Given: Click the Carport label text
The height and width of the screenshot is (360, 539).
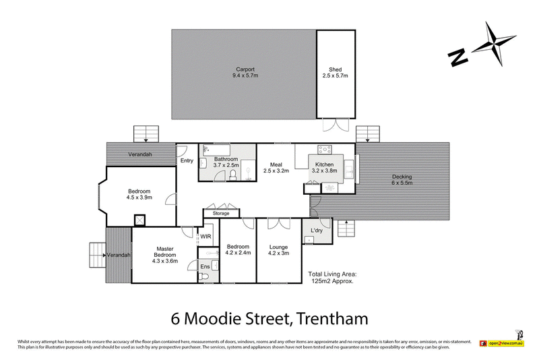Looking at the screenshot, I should [x=243, y=69].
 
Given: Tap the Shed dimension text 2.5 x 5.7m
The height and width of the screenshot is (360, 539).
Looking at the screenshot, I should [x=335, y=76].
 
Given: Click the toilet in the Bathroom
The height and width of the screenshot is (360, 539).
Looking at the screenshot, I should [x=232, y=175].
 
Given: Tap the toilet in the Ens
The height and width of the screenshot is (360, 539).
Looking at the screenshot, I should [x=206, y=277].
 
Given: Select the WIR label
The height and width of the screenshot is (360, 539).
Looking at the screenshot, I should [x=205, y=236].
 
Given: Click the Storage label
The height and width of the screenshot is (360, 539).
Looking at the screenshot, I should [x=221, y=213].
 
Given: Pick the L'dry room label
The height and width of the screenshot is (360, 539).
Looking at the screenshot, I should [x=317, y=231].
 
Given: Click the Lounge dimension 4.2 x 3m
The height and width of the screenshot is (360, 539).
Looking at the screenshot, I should [x=278, y=253].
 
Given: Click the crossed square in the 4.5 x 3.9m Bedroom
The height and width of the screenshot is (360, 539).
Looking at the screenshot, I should [x=140, y=220].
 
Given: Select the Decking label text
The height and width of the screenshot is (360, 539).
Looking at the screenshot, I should [x=402, y=177].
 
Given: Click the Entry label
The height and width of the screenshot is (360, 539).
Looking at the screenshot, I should [x=187, y=160].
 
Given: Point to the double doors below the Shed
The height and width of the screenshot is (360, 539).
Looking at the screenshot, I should [x=334, y=125].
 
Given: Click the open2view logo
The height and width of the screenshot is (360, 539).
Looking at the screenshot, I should [x=506, y=344].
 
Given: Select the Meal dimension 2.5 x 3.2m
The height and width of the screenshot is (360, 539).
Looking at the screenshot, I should [x=276, y=171].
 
